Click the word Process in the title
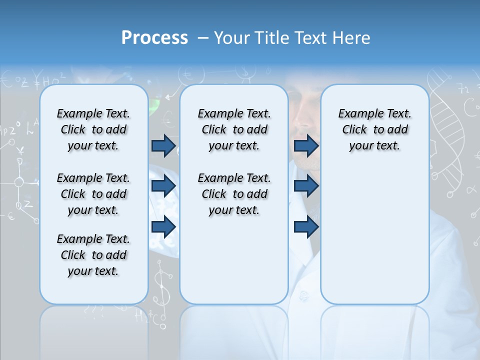point(154,38)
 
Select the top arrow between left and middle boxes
point(163,145)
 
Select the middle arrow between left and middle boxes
point(163,186)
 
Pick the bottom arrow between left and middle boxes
point(163,226)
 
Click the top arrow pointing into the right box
point(306,145)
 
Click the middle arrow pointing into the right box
point(306,186)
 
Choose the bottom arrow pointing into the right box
point(306,226)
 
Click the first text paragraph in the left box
point(93,129)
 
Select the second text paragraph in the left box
point(93,194)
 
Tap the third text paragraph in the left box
point(93,255)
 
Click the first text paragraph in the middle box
point(234,129)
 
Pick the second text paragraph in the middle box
point(234,194)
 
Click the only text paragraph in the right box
point(374,129)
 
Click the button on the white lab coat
point(304,297)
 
